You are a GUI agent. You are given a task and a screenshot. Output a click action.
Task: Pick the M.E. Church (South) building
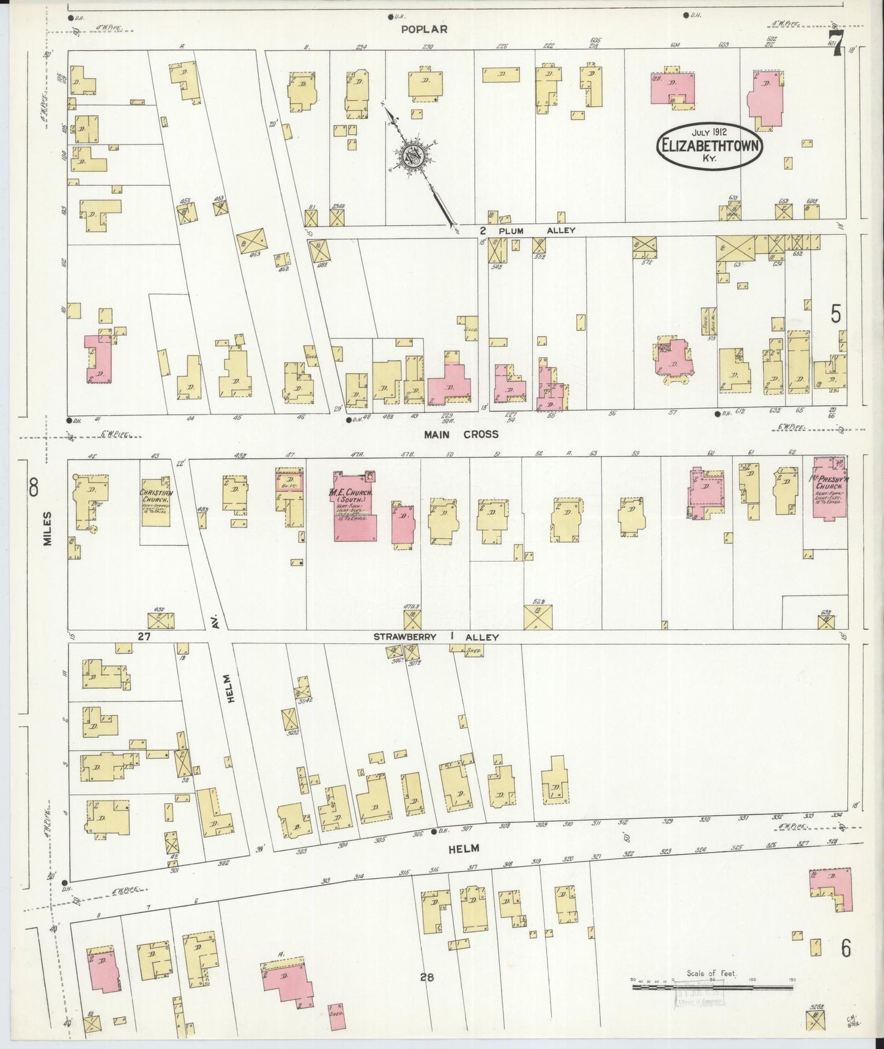[x=354, y=506]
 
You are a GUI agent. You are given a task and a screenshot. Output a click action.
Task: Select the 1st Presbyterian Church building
[x=829, y=488]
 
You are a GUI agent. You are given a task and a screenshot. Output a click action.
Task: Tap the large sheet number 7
[x=838, y=45]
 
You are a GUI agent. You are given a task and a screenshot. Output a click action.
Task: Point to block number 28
[x=426, y=977]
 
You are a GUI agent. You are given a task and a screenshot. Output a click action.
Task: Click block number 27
[x=144, y=636]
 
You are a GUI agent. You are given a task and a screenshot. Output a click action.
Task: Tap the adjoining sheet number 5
[x=836, y=314]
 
